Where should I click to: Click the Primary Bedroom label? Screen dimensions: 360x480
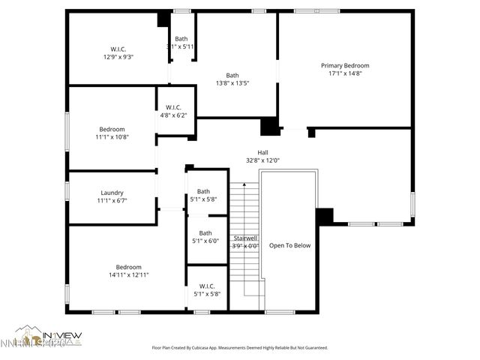[345, 65]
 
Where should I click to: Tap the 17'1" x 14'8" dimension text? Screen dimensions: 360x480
[345, 73]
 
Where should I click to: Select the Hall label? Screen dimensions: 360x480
[262, 152]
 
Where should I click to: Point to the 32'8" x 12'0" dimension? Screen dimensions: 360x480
[262, 160]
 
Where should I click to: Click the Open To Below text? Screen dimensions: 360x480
[289, 245]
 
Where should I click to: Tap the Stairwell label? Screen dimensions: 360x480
[244, 238]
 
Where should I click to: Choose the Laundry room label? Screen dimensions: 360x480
[112, 193]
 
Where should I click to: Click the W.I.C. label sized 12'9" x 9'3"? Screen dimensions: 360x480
[118, 49]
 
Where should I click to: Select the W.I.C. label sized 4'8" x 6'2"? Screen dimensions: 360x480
[173, 107]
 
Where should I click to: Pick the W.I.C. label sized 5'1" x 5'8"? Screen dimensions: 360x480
[207, 286]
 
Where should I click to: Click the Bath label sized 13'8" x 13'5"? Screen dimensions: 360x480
[232, 75]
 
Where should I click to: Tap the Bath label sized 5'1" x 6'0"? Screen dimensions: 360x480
[205, 232]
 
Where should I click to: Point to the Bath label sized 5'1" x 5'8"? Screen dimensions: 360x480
[203, 191]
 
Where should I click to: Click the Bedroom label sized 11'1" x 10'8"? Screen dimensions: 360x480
[112, 129]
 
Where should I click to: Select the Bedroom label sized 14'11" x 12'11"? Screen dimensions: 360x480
[128, 267]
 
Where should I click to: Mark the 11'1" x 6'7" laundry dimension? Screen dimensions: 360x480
[112, 200]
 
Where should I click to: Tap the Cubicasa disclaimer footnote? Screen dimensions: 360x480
[239, 348]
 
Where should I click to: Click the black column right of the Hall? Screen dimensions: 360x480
[323, 216]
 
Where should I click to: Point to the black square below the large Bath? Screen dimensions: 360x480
[268, 127]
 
